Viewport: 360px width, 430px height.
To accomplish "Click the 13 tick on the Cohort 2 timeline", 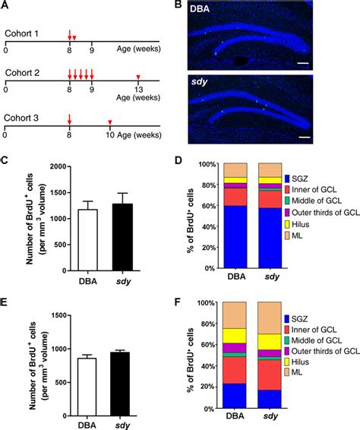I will coord(137,97).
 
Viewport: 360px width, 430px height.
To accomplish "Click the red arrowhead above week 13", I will coord(137,77).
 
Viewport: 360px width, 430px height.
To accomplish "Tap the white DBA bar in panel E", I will coord(90,383).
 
